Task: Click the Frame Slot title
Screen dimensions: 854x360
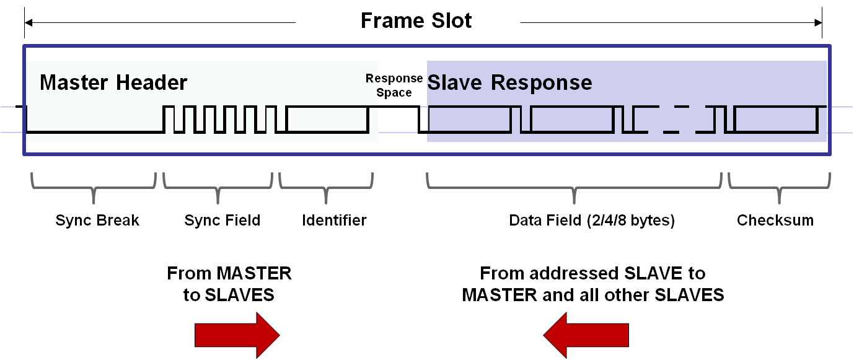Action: [416, 20]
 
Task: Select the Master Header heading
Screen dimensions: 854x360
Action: [113, 82]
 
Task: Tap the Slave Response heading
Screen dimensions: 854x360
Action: [509, 82]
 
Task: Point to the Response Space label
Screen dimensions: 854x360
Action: [394, 86]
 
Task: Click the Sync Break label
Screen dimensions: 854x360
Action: [97, 221]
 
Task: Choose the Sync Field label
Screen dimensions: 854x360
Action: [222, 221]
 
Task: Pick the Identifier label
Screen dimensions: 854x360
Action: [334, 221]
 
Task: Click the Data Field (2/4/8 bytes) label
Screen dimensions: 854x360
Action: [592, 221]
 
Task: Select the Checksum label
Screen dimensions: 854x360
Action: [775, 221]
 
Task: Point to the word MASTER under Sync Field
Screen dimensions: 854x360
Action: [254, 273]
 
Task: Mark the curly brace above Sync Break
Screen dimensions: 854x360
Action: [94, 188]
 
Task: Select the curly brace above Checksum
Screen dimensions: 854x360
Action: [779, 188]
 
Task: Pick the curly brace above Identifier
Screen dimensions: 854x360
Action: [326, 188]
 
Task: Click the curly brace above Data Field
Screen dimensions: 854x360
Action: [574, 188]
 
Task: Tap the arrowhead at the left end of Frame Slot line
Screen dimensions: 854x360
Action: [29, 23]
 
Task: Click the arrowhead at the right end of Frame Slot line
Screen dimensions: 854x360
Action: [818, 23]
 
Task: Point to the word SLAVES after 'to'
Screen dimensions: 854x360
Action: [239, 295]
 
